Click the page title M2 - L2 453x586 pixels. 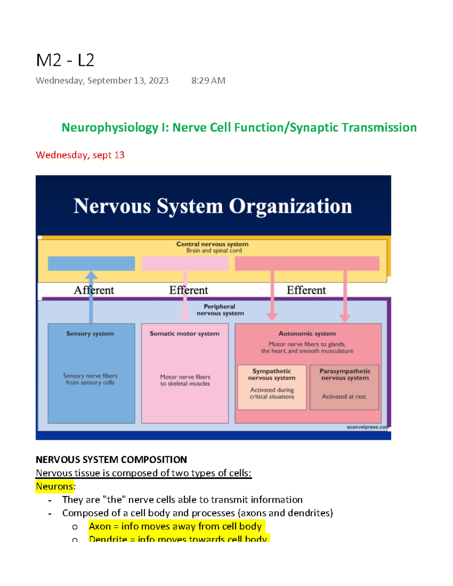65,60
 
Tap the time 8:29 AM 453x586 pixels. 208,81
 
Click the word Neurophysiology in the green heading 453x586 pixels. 110,128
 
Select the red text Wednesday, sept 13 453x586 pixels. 80,155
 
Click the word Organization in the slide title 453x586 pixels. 290,206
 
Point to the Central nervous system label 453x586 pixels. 212,244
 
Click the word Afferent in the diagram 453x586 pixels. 94,290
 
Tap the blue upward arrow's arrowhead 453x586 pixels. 91,275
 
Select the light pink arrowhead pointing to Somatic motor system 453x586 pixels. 185,316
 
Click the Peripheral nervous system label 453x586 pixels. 220,310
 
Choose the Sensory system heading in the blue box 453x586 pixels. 90,334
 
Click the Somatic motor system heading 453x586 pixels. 184,334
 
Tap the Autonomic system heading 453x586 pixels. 307,334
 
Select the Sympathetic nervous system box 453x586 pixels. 272,387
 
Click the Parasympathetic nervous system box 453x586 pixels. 344,387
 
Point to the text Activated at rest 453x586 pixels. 344,397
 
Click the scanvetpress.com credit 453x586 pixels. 367,427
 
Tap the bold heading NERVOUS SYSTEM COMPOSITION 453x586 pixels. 111,460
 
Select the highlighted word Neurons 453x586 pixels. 55,486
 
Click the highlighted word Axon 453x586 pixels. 100,526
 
